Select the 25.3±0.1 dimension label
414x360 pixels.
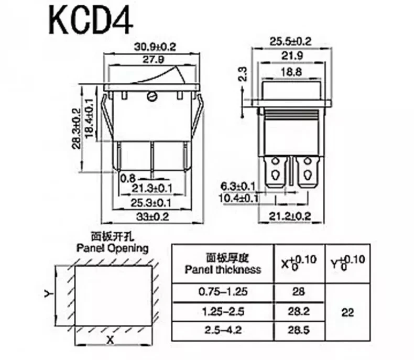tap(152, 202)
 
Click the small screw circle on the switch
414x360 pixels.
tap(153, 96)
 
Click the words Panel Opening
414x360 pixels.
tap(112, 248)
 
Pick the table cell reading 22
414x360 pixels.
tap(347, 313)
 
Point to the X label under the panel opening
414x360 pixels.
tap(111, 340)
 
